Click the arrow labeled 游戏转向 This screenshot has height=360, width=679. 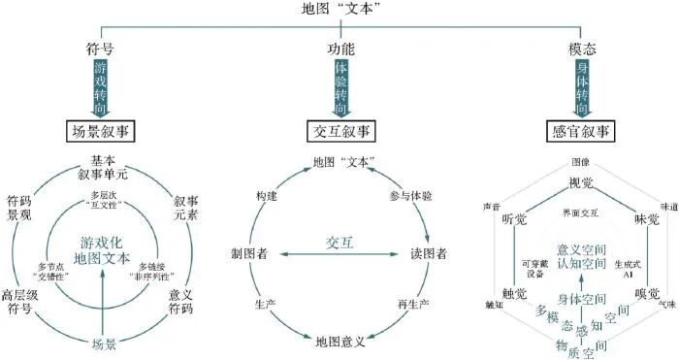pos(102,86)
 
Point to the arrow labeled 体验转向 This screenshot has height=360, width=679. pos(339,86)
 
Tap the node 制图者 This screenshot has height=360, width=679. pos(251,252)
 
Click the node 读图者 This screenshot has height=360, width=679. pos(428,252)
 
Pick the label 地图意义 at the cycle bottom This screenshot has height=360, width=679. pos(339,341)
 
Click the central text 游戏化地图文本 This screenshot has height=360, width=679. pos(101,250)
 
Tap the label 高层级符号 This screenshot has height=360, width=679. pos(21,302)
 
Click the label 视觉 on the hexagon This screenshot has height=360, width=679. pos(580,180)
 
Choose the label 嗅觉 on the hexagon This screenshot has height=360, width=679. pos(647,293)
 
